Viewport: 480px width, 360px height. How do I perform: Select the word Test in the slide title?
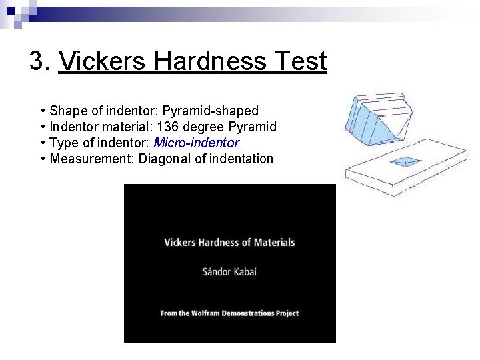point(298,61)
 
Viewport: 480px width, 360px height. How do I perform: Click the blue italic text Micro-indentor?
point(196,143)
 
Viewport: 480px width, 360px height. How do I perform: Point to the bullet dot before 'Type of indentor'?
point(43,143)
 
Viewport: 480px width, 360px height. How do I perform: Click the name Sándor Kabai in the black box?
point(229,271)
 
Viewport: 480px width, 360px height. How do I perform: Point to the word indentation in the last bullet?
point(240,159)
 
